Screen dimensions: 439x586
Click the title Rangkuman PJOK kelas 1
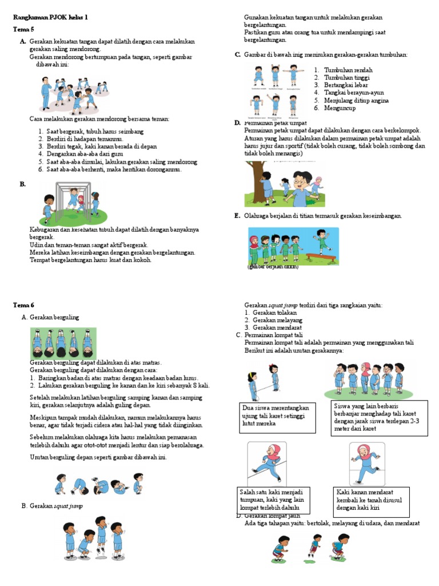point(51,18)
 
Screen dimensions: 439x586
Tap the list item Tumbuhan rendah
point(348,70)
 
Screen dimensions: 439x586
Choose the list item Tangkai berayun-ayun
point(354,92)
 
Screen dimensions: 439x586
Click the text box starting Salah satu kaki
point(274,500)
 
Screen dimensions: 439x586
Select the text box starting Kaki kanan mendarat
point(372,499)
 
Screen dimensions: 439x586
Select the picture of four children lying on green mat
point(63,343)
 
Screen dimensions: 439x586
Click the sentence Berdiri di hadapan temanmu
point(84,139)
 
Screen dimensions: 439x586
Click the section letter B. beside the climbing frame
point(22,184)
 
